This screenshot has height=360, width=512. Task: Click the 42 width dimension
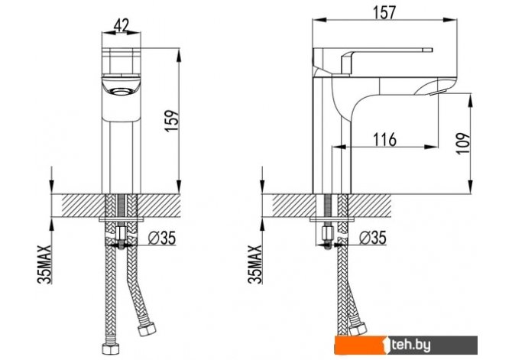tap(122, 25)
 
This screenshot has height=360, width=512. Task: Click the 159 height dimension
tap(173, 122)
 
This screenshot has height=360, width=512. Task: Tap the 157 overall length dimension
tap(384, 12)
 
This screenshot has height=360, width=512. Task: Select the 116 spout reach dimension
tap(384, 140)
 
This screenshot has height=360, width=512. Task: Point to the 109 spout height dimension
tap(464, 143)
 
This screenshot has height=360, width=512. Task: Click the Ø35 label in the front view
tap(162, 238)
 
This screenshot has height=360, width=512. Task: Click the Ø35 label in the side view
tap(373, 238)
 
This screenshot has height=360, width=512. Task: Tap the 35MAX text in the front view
tap(45, 264)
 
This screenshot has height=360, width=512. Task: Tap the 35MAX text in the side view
tap(255, 264)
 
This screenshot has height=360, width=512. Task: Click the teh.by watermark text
tap(411, 345)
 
